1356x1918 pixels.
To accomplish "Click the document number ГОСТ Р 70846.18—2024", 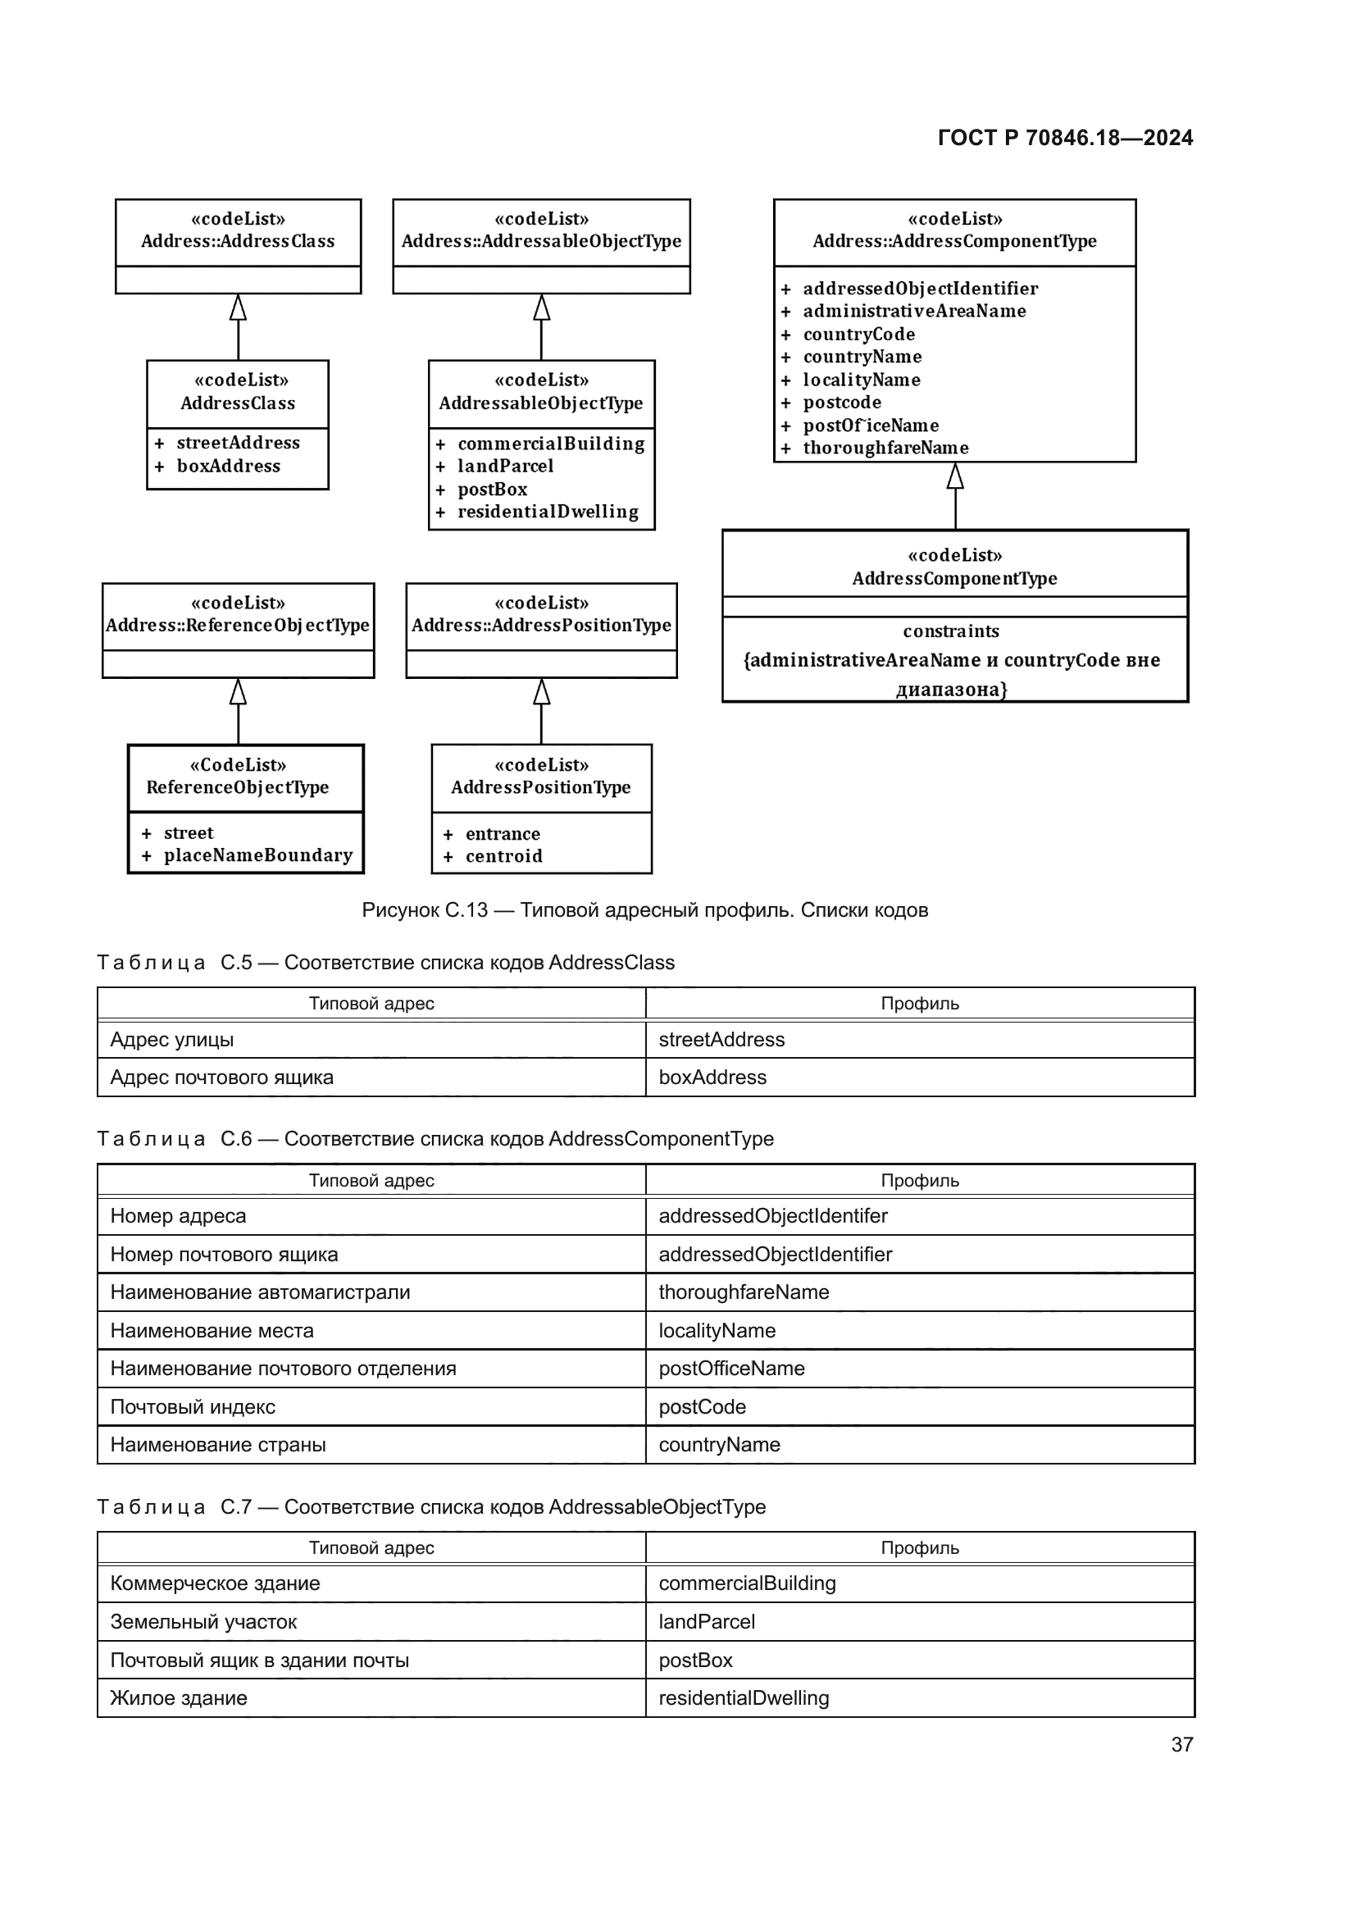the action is tap(1066, 138).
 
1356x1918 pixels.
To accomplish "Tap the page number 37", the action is tap(1182, 1744).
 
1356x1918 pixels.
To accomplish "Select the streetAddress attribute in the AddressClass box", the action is tap(238, 443).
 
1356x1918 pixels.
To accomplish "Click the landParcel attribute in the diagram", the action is tap(505, 466).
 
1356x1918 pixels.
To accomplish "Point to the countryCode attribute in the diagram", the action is tap(859, 334).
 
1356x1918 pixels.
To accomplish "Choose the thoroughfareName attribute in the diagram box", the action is tap(886, 448).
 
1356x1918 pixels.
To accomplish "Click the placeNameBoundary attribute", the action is tap(258, 855).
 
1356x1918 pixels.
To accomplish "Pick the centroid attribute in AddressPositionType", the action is tap(503, 856).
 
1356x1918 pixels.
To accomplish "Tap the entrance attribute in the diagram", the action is tap(503, 834).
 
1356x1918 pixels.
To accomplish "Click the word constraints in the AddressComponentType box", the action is tap(951, 631).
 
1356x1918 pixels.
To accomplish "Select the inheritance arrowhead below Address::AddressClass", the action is tap(238, 307).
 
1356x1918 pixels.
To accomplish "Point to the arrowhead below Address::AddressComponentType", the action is tap(955, 476).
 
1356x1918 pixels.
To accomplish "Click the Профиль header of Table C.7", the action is tap(920, 1548).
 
